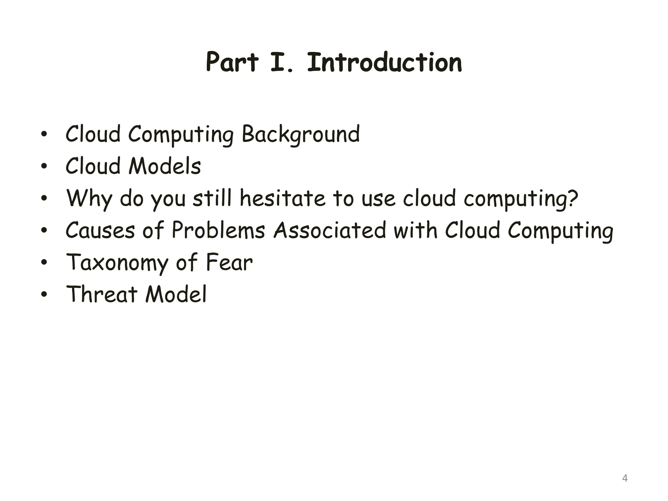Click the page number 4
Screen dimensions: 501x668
click(625, 478)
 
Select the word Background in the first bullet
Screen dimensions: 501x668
click(300, 134)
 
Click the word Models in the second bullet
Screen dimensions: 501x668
click(165, 166)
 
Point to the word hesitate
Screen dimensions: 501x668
click(282, 198)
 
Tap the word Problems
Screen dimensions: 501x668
click(218, 230)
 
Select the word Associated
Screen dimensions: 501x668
click(330, 230)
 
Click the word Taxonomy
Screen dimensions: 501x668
click(118, 263)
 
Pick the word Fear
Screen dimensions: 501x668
click(229, 262)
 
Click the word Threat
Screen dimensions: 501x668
click(101, 294)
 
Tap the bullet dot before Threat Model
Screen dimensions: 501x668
click(44, 295)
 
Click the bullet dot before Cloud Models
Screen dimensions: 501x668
click(44, 167)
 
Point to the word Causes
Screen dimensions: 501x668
click(100, 230)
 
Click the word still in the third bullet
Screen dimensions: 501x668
click(212, 198)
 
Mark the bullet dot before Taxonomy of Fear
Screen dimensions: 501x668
click(44, 263)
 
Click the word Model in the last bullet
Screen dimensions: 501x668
click(176, 294)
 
